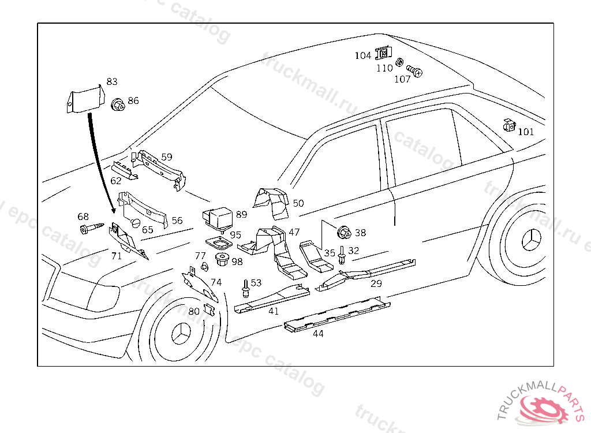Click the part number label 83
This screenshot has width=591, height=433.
click(111, 82)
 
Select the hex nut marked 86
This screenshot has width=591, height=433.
click(118, 104)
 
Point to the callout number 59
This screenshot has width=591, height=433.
click(167, 157)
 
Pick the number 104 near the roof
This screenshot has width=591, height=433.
click(363, 55)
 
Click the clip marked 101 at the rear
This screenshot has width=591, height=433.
click(508, 125)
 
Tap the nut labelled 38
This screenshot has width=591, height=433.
click(345, 233)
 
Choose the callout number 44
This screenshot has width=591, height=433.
click(318, 334)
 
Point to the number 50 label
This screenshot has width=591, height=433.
click(298, 203)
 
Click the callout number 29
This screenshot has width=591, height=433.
click(376, 283)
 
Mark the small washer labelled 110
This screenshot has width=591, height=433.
click(399, 61)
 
